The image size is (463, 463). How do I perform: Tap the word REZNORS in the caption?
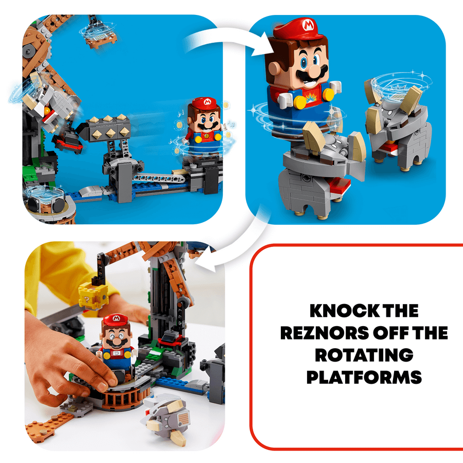point(325,333)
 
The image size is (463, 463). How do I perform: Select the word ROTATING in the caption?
point(364,355)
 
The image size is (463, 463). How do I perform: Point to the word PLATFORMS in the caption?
point(364,378)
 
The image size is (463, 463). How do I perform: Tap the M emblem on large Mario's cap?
point(308,25)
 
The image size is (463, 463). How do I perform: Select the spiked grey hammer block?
point(103,129)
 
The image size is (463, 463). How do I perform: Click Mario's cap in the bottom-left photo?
point(116,320)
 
